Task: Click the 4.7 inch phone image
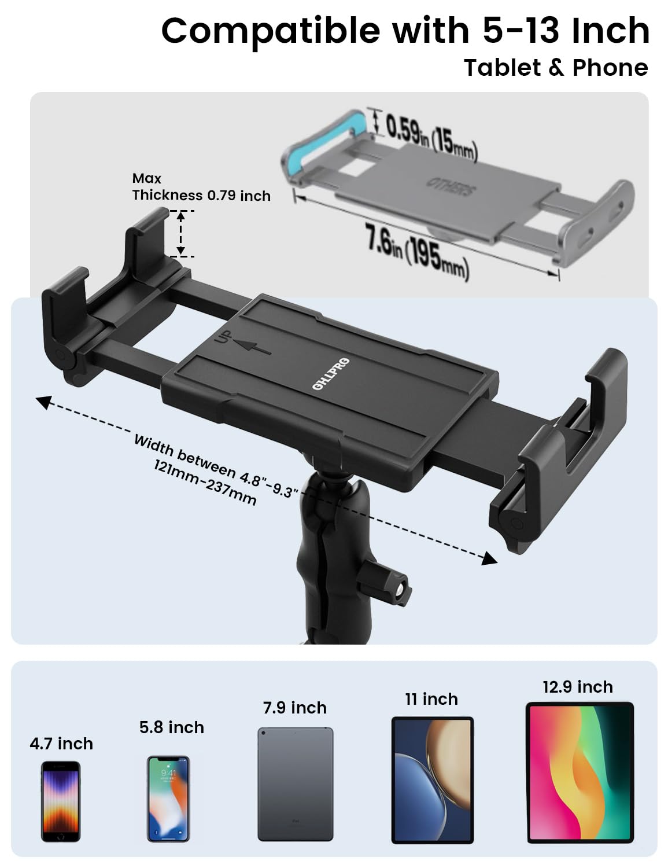click(60, 801)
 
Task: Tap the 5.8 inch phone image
click(168, 799)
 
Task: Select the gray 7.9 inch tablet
click(295, 784)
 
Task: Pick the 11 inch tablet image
click(432, 780)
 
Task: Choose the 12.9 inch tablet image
click(580, 773)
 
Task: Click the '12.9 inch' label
click(577, 687)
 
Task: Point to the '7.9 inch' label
click(294, 708)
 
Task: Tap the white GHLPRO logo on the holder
click(330, 374)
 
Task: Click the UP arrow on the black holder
click(252, 346)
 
